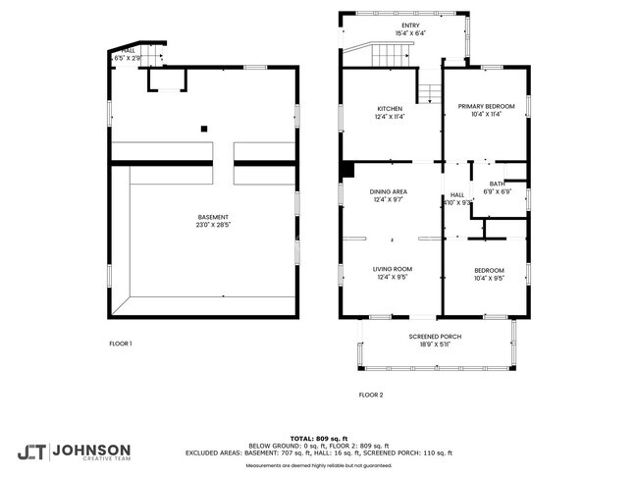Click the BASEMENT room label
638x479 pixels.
click(212, 217)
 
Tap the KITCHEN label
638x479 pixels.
click(391, 108)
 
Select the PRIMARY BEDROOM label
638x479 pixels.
click(486, 108)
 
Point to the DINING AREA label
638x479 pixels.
click(389, 191)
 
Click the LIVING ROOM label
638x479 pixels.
click(391, 269)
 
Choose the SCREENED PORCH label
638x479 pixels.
click(435, 337)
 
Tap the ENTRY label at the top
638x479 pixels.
click(410, 27)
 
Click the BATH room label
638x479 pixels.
click(498, 184)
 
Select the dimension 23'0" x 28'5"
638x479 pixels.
click(212, 225)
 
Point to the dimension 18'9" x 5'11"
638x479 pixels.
click(435, 345)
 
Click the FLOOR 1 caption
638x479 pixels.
click(121, 343)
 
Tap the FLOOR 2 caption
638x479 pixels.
click(371, 395)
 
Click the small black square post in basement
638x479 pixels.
click(203, 128)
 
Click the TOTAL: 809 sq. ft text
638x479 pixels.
click(318, 437)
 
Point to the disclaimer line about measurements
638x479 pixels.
click(318, 464)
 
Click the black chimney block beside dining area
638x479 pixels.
click(346, 170)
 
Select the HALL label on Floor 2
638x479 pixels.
click(457, 195)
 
